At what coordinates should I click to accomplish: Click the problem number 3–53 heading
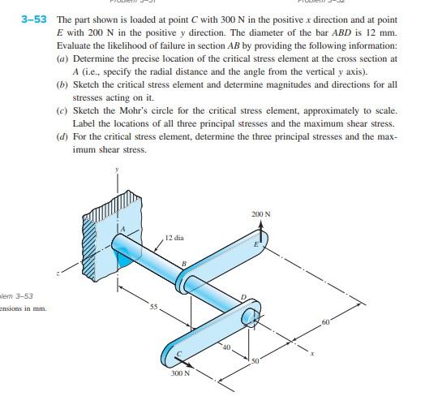pos(39,19)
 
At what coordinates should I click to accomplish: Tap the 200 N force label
pos(260,214)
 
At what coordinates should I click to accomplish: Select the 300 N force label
pos(180,374)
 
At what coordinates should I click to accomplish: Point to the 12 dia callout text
pos(174,238)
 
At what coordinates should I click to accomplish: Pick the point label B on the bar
pos(184,264)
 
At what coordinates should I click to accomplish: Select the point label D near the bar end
pos(242,297)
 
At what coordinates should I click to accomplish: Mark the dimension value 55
pos(152,306)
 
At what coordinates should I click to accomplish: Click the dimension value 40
pos(227,347)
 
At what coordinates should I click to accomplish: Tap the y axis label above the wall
pos(117,170)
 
